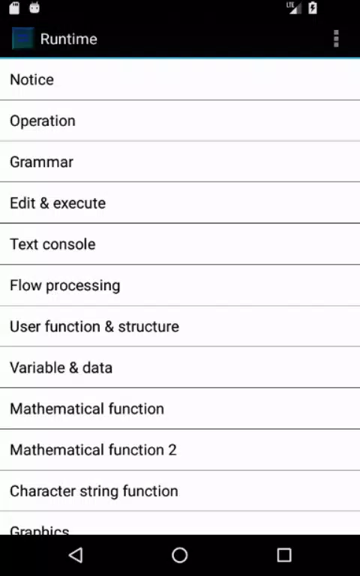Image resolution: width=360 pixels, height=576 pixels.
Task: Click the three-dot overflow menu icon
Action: coord(336,38)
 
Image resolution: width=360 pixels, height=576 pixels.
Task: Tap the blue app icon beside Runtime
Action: coord(22,38)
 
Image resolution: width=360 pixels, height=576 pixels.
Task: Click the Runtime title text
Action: coord(69,39)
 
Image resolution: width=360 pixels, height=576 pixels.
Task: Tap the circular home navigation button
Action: coord(180,555)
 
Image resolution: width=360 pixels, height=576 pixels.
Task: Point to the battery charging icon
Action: coord(313,7)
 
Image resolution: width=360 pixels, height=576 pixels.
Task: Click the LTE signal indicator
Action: coord(294,7)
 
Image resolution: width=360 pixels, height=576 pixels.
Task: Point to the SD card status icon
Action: coord(14,7)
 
